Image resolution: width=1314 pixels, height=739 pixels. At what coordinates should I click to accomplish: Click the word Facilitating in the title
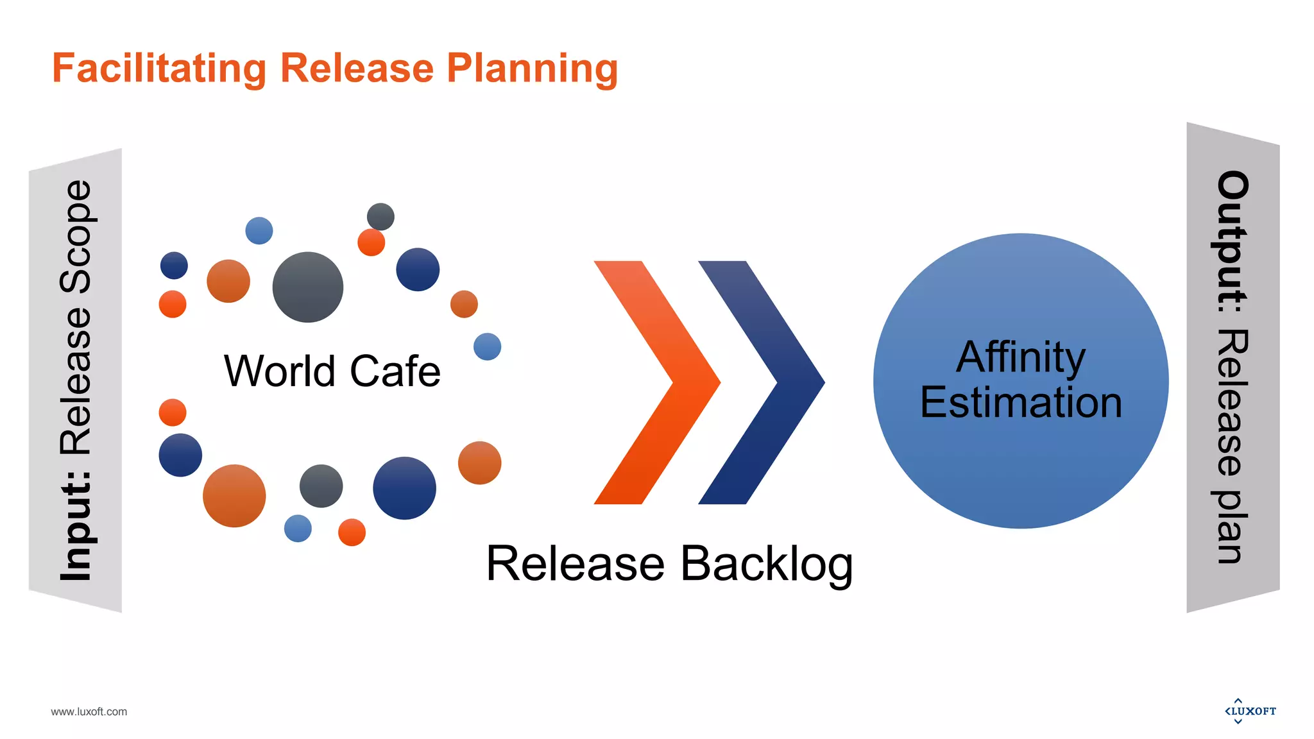(x=158, y=68)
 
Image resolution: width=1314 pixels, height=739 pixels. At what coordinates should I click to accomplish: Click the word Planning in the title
(x=532, y=68)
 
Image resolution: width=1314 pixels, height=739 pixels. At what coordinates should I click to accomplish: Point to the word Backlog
(x=766, y=564)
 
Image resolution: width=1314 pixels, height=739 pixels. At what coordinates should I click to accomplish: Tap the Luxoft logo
(x=1250, y=711)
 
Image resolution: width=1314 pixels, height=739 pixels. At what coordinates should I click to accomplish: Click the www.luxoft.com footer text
(x=89, y=711)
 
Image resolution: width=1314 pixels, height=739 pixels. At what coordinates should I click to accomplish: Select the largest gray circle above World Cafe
(x=307, y=287)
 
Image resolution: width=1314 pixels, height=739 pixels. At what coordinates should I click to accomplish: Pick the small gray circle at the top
(x=380, y=216)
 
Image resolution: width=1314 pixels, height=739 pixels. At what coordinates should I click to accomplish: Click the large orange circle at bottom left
(x=234, y=495)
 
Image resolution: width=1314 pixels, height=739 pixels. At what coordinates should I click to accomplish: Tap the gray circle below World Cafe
(x=321, y=486)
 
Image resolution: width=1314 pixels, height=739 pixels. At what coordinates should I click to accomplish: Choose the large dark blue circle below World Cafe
(x=404, y=488)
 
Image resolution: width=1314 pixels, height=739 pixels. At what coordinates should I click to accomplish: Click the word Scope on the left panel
(x=76, y=237)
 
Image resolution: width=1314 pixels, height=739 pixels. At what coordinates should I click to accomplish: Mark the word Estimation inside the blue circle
(x=1020, y=402)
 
